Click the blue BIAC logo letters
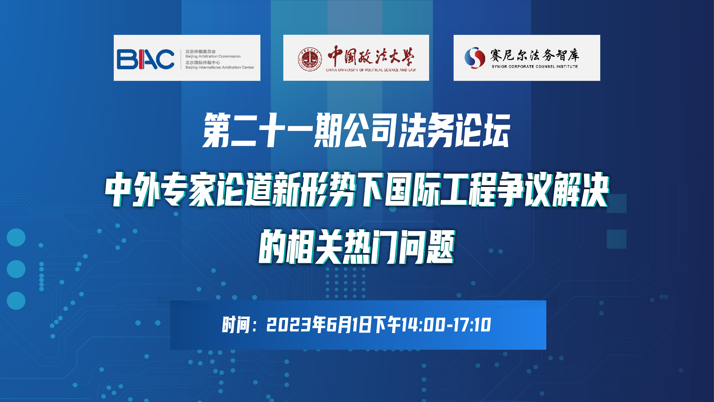[x=145, y=59]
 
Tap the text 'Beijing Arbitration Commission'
[x=213, y=56]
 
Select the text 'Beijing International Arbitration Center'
[x=220, y=67]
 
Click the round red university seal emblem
[x=310, y=59]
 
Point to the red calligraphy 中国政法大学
[x=371, y=56]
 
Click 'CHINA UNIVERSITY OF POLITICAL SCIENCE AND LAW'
[x=371, y=70]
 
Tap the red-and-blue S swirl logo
[x=475, y=58]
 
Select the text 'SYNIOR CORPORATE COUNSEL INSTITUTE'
[x=535, y=67]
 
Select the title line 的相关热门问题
[x=357, y=247]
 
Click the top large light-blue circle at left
[x=16, y=237]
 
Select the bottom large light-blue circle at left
[x=16, y=301]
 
